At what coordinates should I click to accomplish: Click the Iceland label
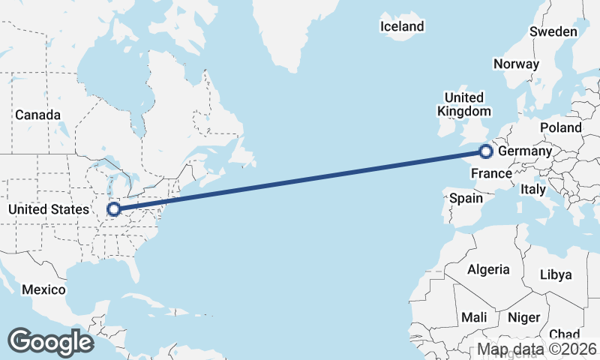pos(402,27)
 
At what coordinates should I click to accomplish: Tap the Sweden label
pos(553,31)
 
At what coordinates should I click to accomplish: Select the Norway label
pos(516,64)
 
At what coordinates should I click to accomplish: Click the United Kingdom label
pos(463,104)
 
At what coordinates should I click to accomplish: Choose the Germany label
pos(525,151)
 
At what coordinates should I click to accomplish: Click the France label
pos(491,174)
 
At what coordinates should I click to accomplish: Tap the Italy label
pos(533,190)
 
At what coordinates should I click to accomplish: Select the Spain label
pos(466,199)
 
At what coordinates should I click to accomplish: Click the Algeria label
pos(488,269)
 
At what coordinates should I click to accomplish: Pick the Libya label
pos(556,274)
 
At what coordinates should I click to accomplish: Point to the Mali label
pos(473,317)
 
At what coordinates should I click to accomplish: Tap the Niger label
pos(523,317)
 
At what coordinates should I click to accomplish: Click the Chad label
pos(564,334)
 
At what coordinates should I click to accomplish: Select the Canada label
pos(37,115)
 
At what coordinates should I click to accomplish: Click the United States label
pos(48,209)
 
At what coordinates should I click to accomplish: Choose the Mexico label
pos(43,289)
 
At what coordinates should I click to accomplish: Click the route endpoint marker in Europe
pos(485,152)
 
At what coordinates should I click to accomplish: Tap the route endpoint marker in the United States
pos(114,209)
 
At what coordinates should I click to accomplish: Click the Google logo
pos(50,341)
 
